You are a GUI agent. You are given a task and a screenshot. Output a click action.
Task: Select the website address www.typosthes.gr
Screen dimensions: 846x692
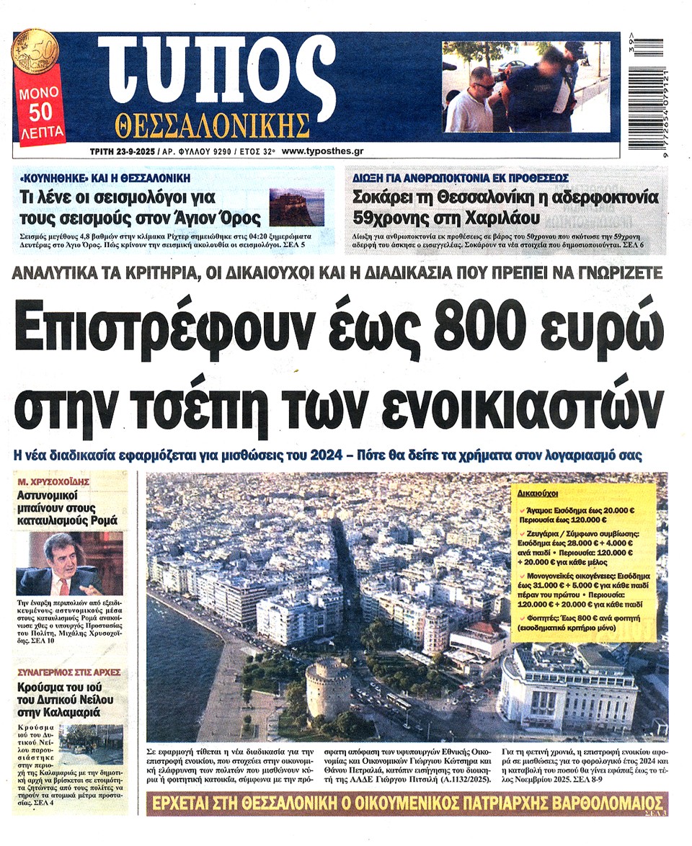(x=322, y=153)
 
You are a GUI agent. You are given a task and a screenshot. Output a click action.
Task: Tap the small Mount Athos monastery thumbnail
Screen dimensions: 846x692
(x=296, y=207)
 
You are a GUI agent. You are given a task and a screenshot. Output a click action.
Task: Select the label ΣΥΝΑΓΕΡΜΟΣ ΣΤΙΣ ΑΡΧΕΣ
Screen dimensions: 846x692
(x=69, y=672)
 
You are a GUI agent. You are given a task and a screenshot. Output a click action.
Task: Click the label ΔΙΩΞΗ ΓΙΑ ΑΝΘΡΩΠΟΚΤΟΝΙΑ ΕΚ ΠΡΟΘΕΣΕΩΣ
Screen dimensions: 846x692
(x=461, y=177)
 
